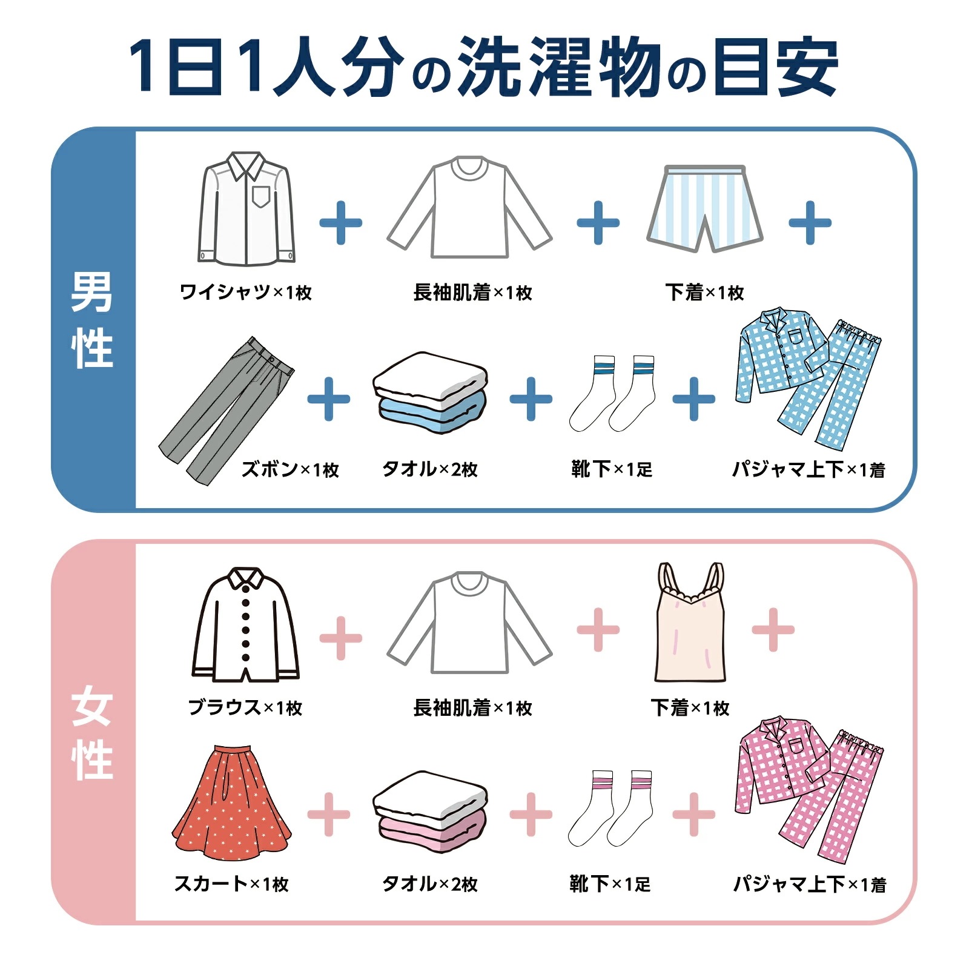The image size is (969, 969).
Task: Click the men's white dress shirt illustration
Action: [x=246, y=209]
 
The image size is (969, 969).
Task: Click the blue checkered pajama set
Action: [x=807, y=379]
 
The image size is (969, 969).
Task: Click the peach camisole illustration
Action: [x=690, y=627]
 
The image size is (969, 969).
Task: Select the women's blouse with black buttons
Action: [x=245, y=627]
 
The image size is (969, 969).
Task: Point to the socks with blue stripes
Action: [x=612, y=394]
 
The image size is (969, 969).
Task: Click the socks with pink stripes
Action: [x=610, y=809]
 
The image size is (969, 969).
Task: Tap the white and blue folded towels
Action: [x=430, y=392]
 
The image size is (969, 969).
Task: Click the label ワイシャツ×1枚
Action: [x=245, y=293]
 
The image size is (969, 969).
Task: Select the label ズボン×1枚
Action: [x=290, y=469]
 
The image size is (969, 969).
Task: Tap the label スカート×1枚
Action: [x=231, y=884]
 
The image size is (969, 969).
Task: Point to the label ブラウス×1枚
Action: [x=245, y=707]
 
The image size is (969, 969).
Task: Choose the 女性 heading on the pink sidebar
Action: [x=92, y=733]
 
